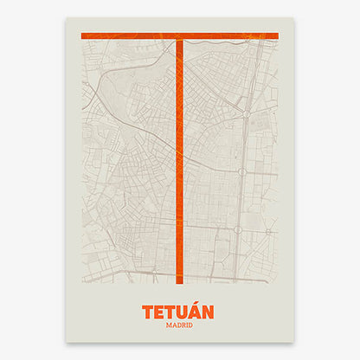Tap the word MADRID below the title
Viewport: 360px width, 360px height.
pos(179,325)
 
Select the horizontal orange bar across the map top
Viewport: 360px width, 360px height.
pos(130,35)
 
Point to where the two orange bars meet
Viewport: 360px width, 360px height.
pos(180,35)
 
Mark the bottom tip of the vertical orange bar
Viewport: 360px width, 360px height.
pos(180,282)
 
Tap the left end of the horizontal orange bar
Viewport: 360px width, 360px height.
pos(81,35)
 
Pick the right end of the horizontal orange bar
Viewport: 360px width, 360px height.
pos(276,35)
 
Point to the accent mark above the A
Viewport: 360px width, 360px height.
pos(199,303)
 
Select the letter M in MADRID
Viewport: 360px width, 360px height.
pos(166,325)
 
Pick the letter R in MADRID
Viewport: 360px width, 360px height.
pos(183,325)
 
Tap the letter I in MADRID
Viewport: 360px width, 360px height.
pos(187,325)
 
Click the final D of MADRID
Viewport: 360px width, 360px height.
pos(192,325)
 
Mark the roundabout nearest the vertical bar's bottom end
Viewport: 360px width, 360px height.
pos(156,271)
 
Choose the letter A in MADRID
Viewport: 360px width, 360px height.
pos(172,325)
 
